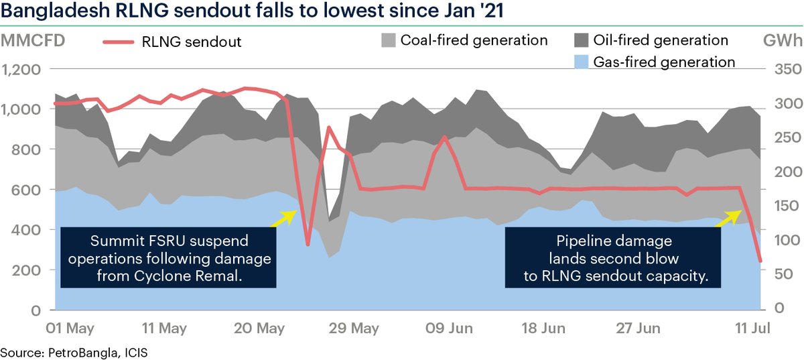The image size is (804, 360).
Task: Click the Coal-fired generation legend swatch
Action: (x=388, y=40)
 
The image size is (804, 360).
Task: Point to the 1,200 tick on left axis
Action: (x=23, y=70)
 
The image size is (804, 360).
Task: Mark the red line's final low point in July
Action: (x=760, y=261)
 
